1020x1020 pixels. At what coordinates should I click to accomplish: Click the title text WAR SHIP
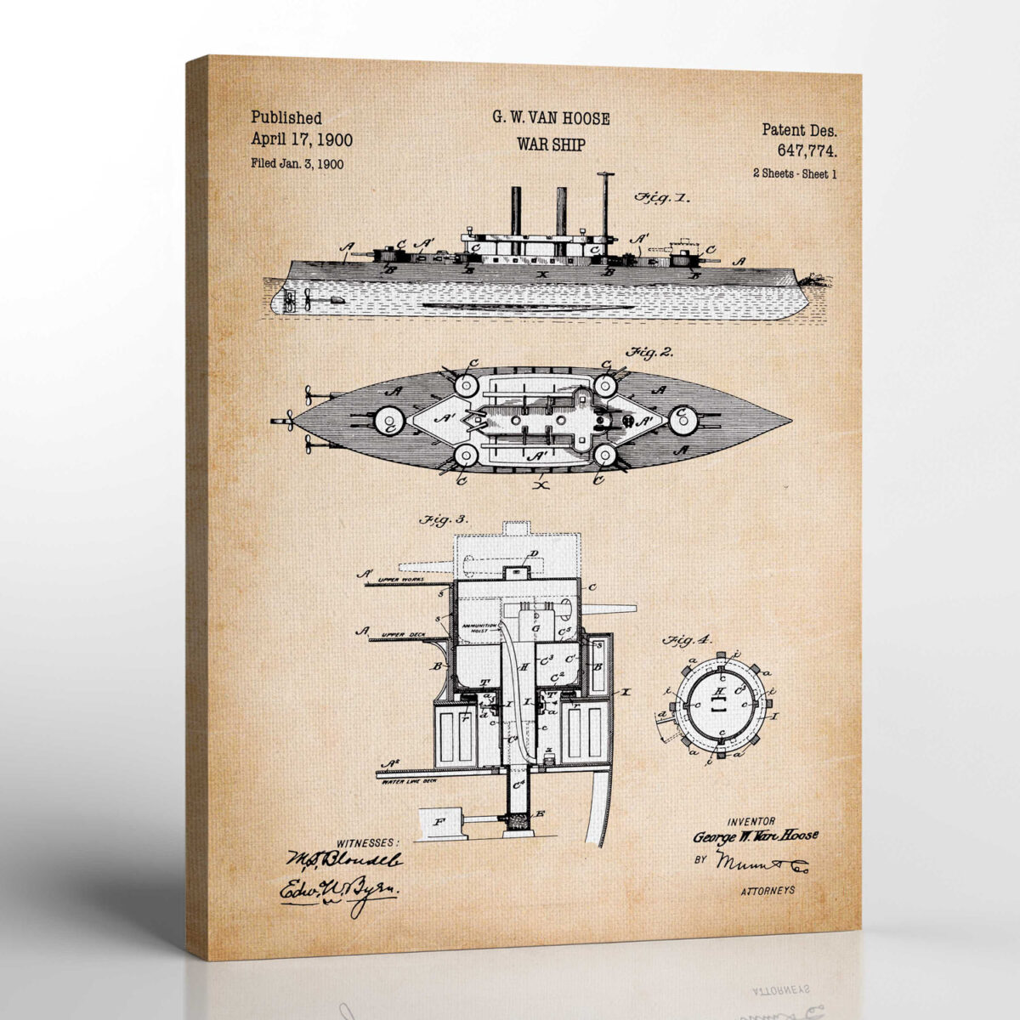click(551, 144)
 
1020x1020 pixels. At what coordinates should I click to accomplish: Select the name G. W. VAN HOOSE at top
click(551, 119)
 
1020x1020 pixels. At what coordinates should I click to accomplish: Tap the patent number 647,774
click(806, 151)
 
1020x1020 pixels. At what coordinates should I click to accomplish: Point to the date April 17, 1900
click(302, 140)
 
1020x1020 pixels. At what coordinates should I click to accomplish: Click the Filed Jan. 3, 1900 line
click(297, 164)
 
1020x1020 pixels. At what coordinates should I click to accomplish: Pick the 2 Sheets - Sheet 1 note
click(795, 173)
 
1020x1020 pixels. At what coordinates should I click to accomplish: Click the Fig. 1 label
click(662, 198)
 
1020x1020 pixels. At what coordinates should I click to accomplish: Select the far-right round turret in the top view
click(683, 419)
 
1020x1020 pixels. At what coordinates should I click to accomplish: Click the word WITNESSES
click(367, 842)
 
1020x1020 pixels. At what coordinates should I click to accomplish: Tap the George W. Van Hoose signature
click(756, 836)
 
